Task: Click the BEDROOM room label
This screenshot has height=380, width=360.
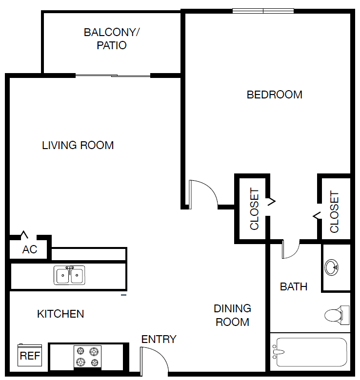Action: [274, 95]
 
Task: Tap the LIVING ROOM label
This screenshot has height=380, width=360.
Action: [78, 145]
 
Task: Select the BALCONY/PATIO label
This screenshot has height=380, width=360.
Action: [112, 39]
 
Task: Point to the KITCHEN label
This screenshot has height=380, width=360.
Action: [60, 314]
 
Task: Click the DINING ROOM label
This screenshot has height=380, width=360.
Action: [232, 315]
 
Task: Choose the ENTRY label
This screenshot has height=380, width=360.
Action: [159, 340]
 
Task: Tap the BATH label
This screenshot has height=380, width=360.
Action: [293, 287]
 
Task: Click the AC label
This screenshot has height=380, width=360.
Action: [30, 250]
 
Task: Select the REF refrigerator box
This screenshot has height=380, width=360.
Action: [30, 356]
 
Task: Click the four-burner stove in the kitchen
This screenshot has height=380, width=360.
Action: [87, 357]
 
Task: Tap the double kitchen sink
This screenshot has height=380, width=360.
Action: [69, 275]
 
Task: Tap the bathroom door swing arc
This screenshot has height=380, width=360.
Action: [291, 249]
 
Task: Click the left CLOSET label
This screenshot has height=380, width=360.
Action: [254, 209]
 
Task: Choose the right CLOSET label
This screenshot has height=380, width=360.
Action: [334, 212]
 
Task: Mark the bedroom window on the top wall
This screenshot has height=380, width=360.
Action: [263, 11]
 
